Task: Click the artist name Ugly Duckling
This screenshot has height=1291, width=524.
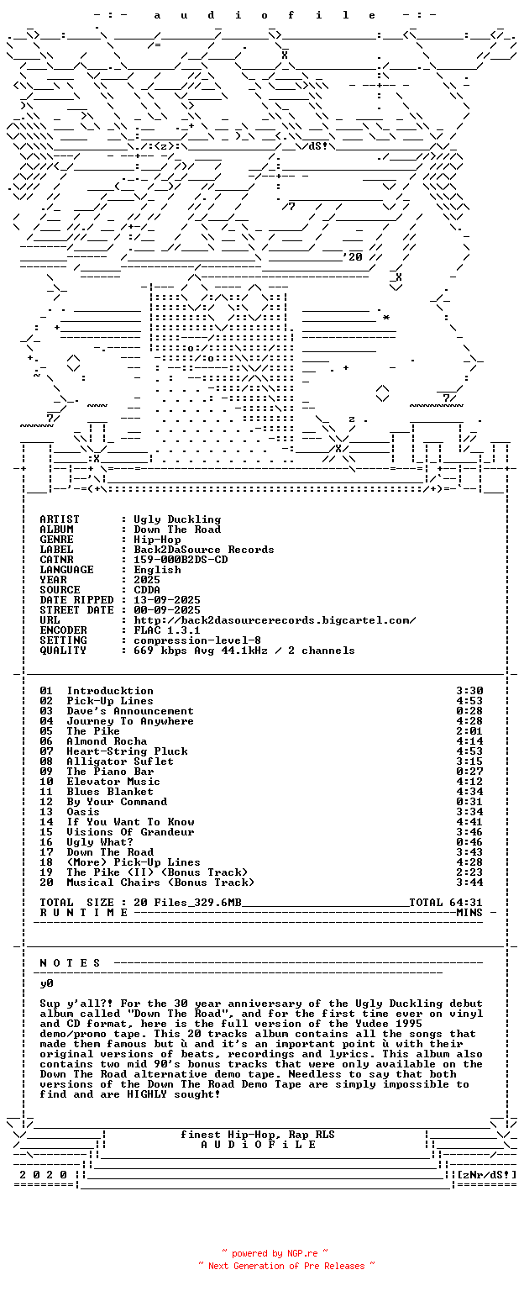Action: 177,520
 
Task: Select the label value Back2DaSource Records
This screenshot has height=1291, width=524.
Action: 204,550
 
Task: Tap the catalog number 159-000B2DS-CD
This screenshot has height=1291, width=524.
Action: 181,560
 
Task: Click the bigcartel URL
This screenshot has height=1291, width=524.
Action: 275,621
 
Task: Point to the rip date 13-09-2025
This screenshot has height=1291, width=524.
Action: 167,600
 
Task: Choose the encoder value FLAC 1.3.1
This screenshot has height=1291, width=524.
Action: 167,630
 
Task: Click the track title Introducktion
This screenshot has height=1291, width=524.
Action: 110,691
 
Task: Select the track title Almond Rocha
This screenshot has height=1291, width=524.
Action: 107,741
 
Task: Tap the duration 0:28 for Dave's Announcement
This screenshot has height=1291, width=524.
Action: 470,711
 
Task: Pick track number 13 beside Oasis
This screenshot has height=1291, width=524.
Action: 46,812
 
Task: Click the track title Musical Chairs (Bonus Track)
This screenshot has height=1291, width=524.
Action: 160,883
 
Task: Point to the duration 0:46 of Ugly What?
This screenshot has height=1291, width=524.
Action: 470,842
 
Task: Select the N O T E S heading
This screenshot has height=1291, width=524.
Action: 70,963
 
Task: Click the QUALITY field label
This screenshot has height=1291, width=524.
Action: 63,651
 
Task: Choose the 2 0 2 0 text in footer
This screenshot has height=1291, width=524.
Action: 43,1175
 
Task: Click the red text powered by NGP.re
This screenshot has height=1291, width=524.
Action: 275,1253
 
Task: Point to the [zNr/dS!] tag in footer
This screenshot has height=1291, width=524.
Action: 487,1175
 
